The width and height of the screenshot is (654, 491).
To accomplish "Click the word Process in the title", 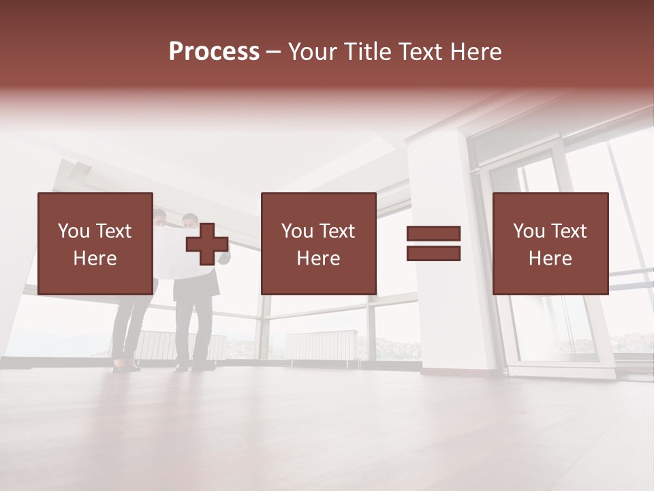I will (x=214, y=52).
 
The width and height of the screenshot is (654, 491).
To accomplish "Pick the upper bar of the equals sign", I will (x=433, y=234).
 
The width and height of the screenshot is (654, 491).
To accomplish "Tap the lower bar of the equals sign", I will (x=433, y=254).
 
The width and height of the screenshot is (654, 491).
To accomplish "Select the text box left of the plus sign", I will (x=95, y=243).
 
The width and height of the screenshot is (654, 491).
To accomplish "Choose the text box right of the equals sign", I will (x=550, y=243).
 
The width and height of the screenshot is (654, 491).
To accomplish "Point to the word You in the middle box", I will (x=297, y=231).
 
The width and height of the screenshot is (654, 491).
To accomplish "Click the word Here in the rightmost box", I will (x=550, y=258).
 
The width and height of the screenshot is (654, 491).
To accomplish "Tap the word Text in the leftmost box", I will (x=113, y=231).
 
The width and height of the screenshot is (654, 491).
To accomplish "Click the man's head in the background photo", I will (x=190, y=222).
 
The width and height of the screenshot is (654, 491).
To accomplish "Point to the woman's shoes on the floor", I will (x=126, y=366).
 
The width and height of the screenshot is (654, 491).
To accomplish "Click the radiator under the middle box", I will (x=320, y=344).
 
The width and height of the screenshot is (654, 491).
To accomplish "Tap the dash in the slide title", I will (x=274, y=52).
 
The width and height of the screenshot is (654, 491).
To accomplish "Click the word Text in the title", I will (x=416, y=52).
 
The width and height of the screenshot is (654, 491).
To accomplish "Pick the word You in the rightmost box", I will (x=529, y=231).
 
